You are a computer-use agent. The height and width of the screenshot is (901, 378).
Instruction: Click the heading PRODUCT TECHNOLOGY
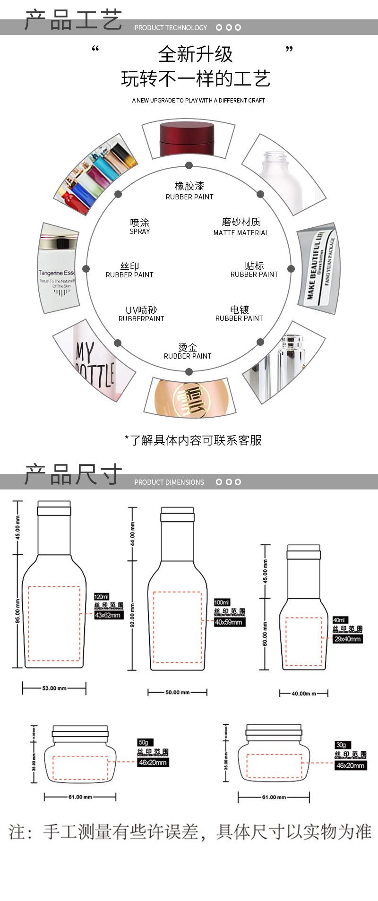click(170, 28)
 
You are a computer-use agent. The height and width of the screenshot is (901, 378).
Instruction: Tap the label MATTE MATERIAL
click(241, 233)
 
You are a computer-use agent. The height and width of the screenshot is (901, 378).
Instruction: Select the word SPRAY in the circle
click(139, 232)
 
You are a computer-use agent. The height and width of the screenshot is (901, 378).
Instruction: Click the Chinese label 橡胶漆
click(189, 186)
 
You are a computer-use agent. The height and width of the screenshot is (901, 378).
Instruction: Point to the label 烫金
click(188, 348)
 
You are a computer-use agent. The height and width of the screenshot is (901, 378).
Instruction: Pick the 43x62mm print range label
click(109, 615)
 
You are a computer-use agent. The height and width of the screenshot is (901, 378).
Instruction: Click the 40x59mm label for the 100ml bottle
click(229, 622)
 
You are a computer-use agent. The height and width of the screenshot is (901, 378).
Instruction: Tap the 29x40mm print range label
click(347, 639)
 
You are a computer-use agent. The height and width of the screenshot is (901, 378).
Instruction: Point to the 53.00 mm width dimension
click(54, 688)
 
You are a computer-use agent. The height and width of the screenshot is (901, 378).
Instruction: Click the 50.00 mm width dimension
click(177, 692)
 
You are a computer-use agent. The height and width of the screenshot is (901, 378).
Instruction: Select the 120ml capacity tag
click(101, 596)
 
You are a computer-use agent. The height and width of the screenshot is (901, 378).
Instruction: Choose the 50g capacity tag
click(143, 742)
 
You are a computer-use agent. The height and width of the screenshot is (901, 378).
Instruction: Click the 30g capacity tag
click(340, 745)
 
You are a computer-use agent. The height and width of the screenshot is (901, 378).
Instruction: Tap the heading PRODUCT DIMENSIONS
click(169, 482)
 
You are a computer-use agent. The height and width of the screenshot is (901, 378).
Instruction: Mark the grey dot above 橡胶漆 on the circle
click(189, 165)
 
